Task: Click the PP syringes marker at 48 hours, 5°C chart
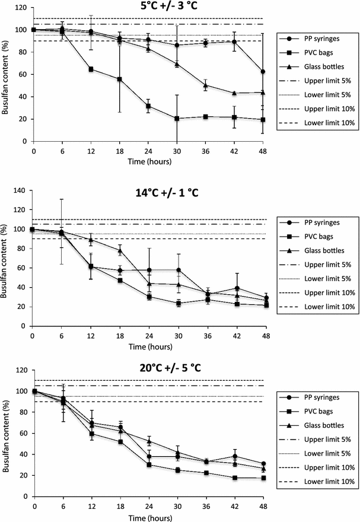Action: (263, 72)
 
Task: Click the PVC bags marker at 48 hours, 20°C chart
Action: (263, 478)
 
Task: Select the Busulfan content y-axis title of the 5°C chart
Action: (7, 74)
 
